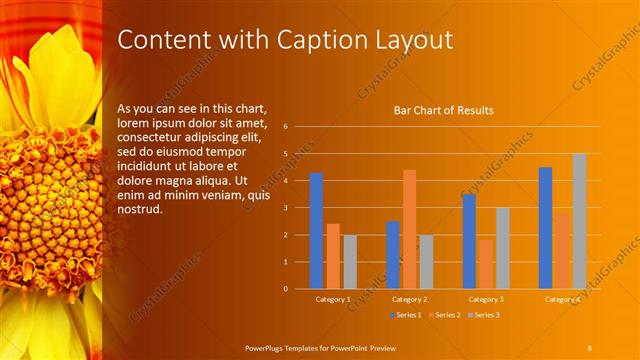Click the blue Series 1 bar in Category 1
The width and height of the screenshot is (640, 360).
316,231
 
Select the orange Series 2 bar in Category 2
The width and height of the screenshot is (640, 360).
409,229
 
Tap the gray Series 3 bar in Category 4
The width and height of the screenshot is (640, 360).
579,221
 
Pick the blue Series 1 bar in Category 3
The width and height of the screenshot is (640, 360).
469,241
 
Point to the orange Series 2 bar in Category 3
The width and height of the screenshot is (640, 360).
486,264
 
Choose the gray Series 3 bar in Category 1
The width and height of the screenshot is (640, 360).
349,262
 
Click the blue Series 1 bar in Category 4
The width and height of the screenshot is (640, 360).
545,228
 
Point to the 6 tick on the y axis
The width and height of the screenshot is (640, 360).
286,127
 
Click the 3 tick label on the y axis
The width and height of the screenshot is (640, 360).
286,208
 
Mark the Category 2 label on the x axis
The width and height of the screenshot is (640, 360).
409,299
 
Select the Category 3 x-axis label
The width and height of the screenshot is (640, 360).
486,299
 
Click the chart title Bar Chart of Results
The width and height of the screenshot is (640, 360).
443,110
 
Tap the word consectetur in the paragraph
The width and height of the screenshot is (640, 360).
151,137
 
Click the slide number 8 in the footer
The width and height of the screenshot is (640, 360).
590,347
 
